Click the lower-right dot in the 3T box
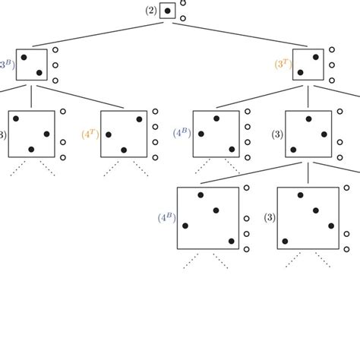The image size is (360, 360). (313, 72)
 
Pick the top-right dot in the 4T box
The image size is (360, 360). (138, 118)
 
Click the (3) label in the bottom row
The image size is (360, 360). (269, 218)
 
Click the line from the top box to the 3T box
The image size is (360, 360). (243, 39)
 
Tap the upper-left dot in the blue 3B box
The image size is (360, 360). (24, 57)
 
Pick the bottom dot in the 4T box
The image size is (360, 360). (123, 149)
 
